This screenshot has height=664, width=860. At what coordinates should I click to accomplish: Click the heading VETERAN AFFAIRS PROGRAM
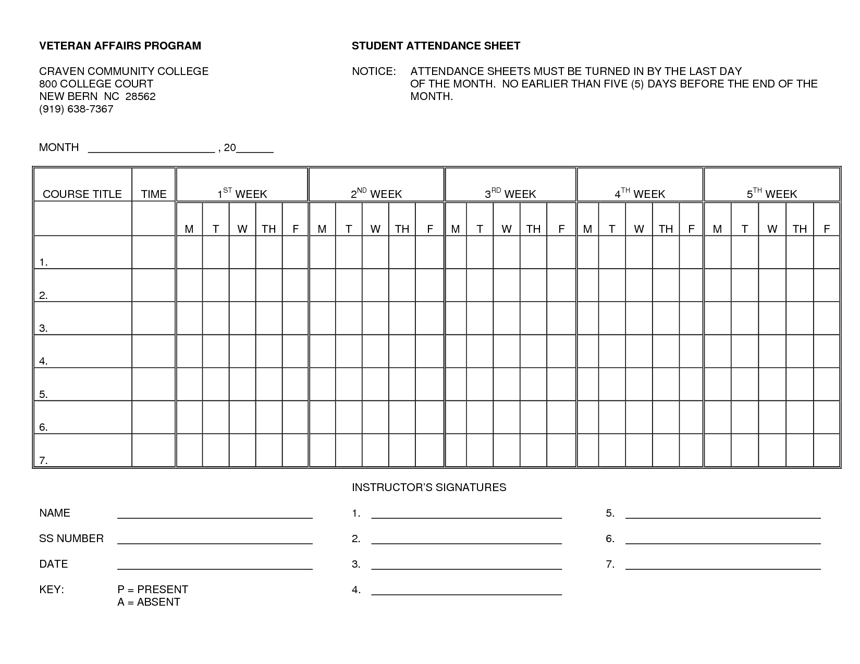(120, 46)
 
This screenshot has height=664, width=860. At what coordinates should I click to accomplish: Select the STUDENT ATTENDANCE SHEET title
(436, 46)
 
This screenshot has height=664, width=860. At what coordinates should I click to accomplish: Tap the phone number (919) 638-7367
(76, 109)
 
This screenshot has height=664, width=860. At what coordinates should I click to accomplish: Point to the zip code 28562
(140, 96)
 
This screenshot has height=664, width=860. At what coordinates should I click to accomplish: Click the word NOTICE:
(374, 71)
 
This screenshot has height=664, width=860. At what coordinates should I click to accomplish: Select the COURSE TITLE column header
(82, 194)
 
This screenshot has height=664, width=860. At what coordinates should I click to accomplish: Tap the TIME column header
(154, 194)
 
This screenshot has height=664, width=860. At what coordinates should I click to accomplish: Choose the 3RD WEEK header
(510, 194)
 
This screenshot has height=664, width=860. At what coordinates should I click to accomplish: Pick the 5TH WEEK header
(772, 194)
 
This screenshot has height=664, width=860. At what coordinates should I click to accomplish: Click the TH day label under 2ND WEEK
(402, 229)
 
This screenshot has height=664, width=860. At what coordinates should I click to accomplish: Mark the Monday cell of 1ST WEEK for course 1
(189, 253)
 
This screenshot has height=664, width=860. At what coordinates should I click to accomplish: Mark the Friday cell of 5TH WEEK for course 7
(827, 450)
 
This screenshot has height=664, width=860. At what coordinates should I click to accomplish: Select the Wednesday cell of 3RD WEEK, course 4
(507, 352)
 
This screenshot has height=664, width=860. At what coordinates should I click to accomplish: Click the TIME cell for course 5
(154, 384)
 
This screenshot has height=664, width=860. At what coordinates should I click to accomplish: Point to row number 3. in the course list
(44, 328)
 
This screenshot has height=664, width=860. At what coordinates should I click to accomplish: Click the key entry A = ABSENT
(149, 602)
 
